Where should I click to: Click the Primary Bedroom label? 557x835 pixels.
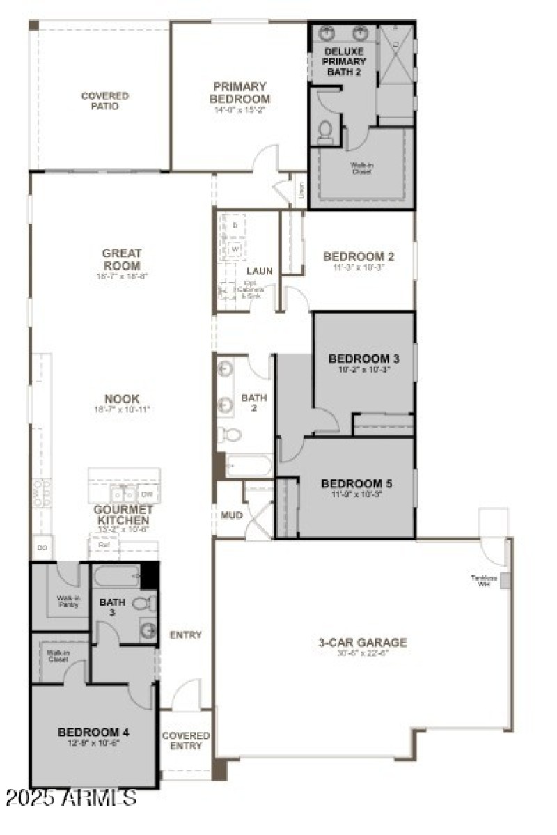tap(240, 93)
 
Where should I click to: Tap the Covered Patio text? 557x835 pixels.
tap(104, 101)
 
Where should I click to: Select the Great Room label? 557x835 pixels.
tap(122, 259)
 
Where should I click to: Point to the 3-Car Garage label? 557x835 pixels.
tap(358, 642)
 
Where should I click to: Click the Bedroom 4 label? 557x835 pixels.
tap(93, 732)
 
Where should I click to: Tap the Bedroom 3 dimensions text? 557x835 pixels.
tap(364, 370)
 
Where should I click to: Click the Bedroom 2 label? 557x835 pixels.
tap(359, 256)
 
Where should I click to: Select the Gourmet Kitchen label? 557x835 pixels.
tap(122, 515)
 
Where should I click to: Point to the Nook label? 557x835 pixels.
tap(123, 398)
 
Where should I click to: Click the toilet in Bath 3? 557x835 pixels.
tap(143, 602)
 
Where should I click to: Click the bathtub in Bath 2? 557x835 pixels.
tap(249, 465)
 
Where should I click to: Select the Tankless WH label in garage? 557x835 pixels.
tap(480, 580)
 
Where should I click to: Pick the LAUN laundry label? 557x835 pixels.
tap(259, 270)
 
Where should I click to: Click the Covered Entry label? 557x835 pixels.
tap(186, 740)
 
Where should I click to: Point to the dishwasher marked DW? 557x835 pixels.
tap(147, 494)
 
